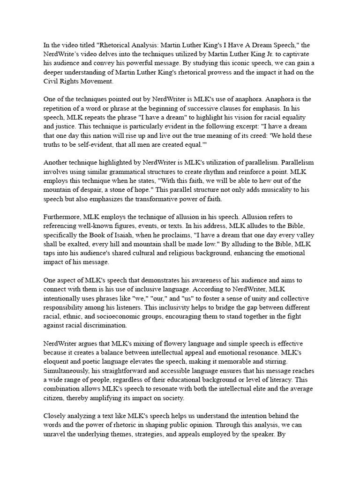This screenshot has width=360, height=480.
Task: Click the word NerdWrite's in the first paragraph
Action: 61,54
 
